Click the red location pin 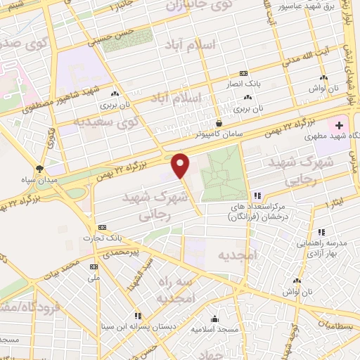181,165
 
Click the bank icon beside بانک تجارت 102,228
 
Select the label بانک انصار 248,83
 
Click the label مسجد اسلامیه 238,328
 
